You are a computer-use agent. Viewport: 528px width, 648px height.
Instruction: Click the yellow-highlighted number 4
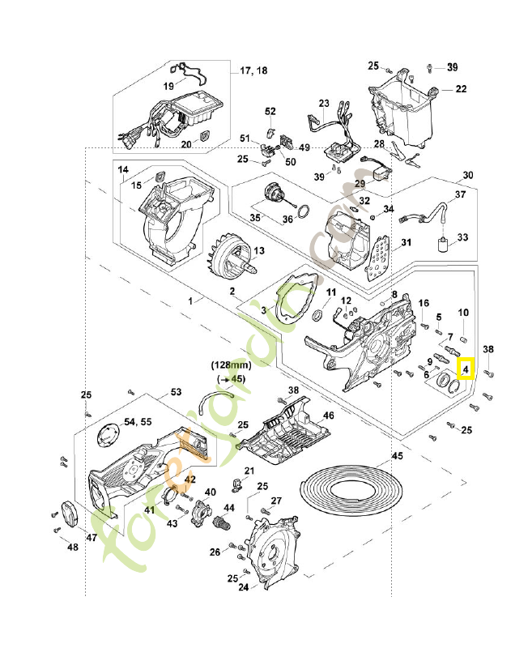click(x=466, y=370)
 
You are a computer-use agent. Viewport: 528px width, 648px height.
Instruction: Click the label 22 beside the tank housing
click(x=460, y=88)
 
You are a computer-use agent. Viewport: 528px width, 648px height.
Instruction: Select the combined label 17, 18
click(x=253, y=71)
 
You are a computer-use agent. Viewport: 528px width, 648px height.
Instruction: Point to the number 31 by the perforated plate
click(x=406, y=242)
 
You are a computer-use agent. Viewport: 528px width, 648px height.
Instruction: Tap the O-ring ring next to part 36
click(x=300, y=213)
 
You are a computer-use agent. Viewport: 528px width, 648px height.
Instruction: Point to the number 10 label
click(x=463, y=313)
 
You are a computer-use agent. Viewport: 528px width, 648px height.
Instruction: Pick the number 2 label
click(x=232, y=290)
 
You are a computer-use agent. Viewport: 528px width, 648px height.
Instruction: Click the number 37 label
click(x=460, y=194)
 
